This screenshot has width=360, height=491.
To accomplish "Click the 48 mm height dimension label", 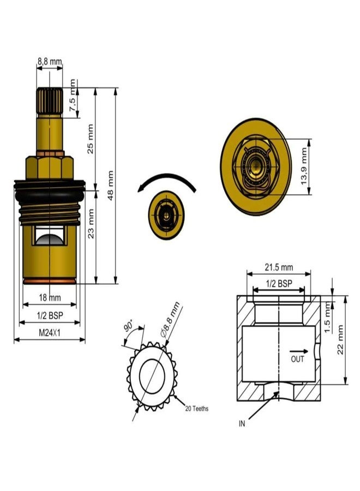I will point(111,185).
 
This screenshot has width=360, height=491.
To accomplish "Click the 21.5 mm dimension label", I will point(279,267).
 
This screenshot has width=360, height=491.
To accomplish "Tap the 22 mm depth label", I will point(340,339).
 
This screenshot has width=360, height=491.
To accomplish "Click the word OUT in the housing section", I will point(297,360).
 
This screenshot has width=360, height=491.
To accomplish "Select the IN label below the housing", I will point(242,423).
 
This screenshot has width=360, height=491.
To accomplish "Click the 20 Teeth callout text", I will point(196,408).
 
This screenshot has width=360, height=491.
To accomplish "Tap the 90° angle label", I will point(129,327).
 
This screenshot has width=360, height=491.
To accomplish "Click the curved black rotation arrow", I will point(166,179).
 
